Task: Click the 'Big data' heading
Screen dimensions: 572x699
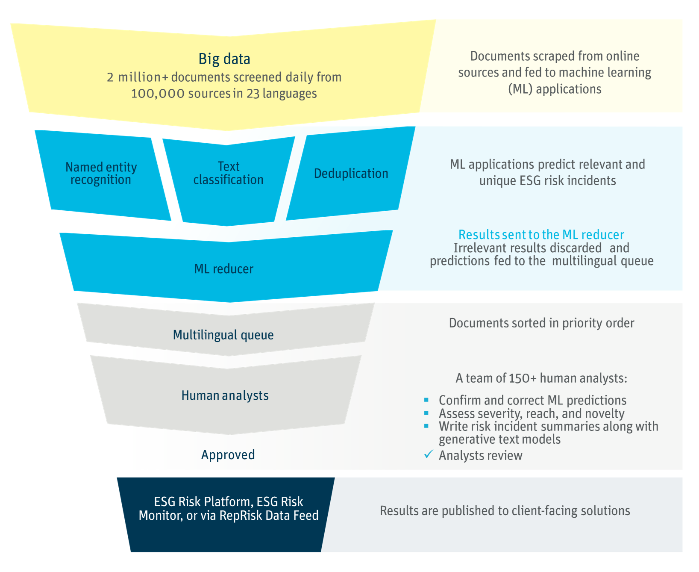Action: click(224, 59)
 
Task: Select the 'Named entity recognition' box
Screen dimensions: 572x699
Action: click(101, 173)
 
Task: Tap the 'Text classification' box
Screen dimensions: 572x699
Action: click(228, 173)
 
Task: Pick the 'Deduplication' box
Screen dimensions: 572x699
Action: click(351, 173)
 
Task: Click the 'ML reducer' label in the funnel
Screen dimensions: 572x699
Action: click(223, 269)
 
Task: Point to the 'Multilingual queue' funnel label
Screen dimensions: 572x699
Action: click(223, 335)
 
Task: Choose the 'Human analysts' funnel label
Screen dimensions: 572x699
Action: click(225, 395)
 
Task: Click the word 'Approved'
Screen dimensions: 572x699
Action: click(228, 454)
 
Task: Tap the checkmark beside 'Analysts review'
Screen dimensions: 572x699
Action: click(429, 454)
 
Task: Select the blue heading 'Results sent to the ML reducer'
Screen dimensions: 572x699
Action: click(541, 235)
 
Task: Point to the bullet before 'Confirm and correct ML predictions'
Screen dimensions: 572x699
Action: click(426, 400)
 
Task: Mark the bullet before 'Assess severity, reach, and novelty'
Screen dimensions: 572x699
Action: click(426, 413)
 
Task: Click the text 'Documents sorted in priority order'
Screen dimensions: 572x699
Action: click(541, 323)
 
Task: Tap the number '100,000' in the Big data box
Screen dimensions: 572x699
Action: click(157, 94)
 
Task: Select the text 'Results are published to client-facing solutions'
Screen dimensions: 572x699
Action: click(505, 511)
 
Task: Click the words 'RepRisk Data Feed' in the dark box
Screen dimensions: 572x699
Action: click(269, 516)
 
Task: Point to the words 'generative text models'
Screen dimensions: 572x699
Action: click(499, 439)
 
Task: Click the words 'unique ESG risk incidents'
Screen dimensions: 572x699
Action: click(547, 181)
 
